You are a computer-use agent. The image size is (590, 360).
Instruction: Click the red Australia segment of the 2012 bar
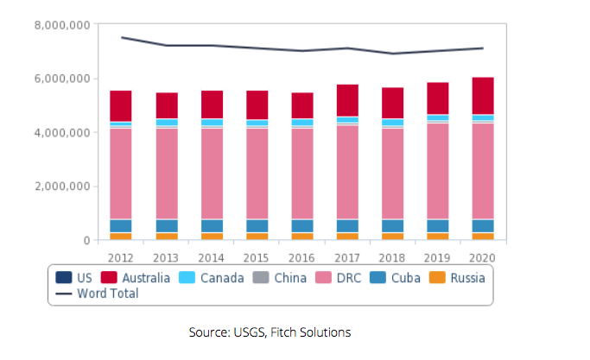[121, 105]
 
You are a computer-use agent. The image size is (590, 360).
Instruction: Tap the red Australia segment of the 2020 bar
[484, 95]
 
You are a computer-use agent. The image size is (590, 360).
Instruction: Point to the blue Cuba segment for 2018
[393, 225]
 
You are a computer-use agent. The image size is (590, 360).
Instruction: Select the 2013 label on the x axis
[167, 256]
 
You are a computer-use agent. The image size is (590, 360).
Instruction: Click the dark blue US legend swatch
[64, 277]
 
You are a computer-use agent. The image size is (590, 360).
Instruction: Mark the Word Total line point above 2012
[121, 37]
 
